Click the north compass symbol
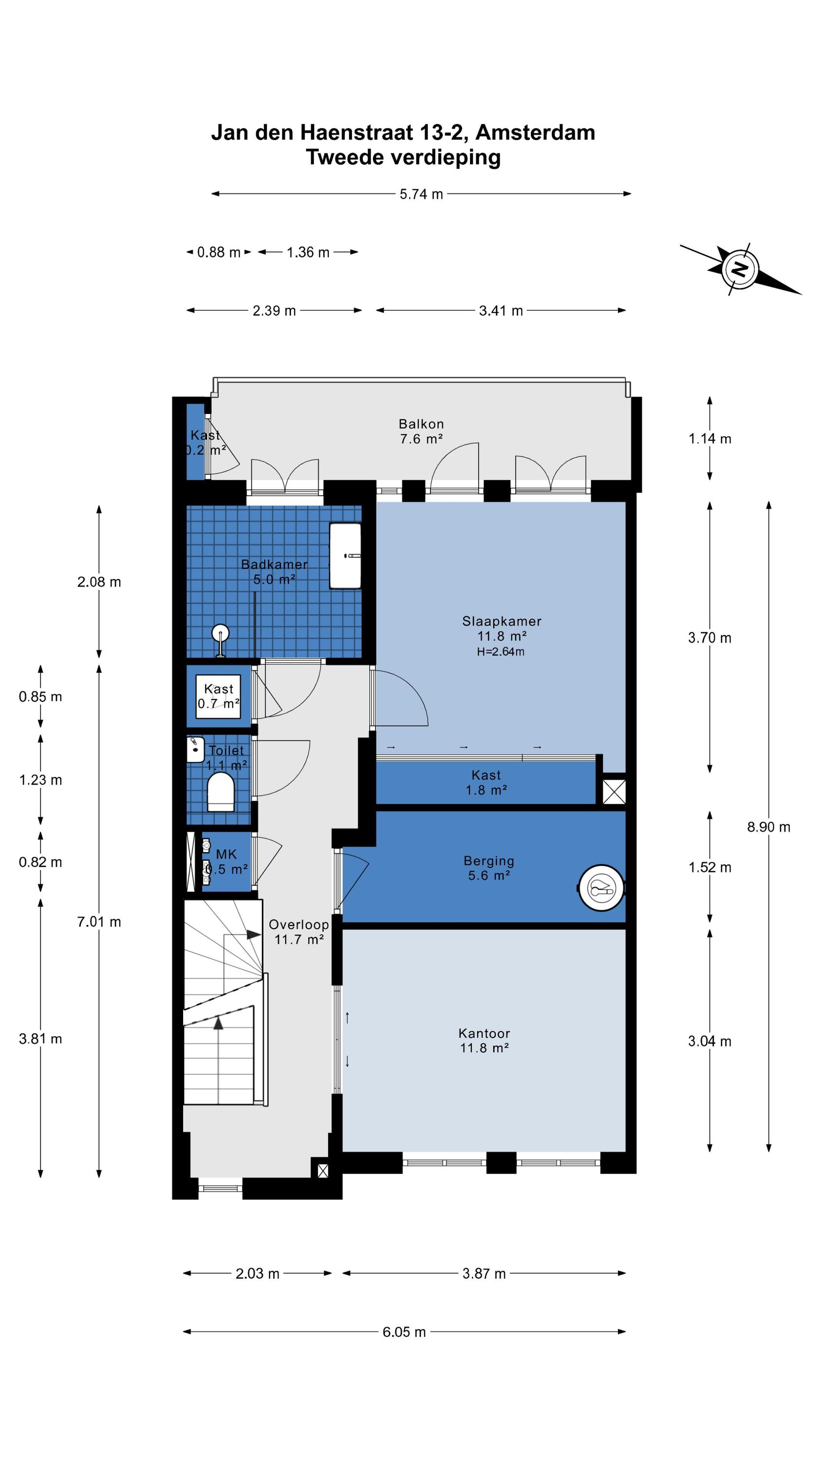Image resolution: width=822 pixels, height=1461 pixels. coord(740,269)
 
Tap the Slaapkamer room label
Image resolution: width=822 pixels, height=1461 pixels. coord(502,621)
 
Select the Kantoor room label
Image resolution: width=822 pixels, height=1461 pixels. coord(484,1033)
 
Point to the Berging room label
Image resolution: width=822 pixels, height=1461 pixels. coord(488,861)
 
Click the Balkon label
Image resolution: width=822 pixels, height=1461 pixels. coord(421,424)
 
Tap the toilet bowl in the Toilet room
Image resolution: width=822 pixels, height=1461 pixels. coord(221,792)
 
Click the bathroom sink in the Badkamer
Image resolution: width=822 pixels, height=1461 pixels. coord(345,556)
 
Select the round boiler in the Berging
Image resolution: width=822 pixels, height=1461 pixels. coord(601,888)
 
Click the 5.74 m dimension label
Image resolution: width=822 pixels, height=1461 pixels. coord(421,194)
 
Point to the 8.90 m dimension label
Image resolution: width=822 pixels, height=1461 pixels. coord(768,827)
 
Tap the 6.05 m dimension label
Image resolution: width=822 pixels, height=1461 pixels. coord(404,1331)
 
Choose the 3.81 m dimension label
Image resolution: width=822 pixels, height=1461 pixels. coord(40,1038)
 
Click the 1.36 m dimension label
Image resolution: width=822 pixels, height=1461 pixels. coord(307,252)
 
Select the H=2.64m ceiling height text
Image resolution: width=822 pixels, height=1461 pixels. coord(500,652)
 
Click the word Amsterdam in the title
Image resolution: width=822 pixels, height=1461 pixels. coord(535,132)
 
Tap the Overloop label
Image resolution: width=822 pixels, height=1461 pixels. coord(299,924)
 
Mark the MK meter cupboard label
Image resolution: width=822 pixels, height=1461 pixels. coord(226,854)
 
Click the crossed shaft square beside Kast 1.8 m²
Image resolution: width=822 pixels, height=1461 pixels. coord(614,792)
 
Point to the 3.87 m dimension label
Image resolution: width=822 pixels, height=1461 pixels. coord(484,1274)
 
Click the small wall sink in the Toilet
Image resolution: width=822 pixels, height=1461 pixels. coord(195,749)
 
